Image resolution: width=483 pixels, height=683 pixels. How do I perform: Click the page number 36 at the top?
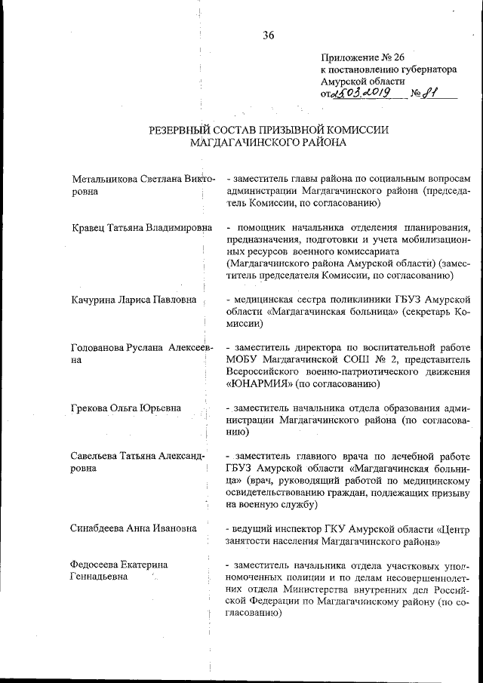click(269, 34)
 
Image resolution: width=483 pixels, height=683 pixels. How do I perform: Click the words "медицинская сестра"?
click(278, 300)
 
